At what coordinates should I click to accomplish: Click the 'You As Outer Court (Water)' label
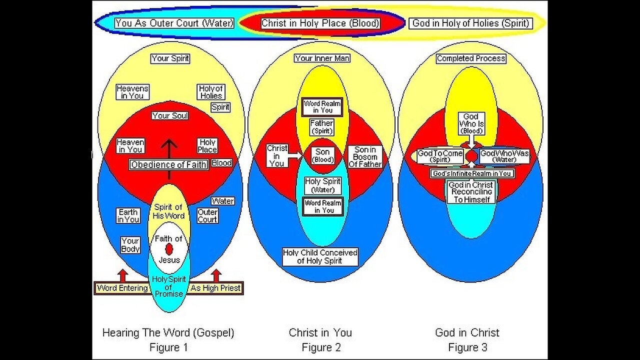pos(174,23)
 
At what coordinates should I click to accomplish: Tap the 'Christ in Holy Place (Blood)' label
pos(321,23)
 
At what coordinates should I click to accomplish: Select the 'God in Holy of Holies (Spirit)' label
pos(470,23)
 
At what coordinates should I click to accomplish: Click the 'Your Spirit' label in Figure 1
pos(170,58)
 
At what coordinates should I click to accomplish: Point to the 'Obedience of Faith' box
pos(168,164)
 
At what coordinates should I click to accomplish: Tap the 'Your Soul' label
pos(170,115)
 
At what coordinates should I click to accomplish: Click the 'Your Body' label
pos(130,245)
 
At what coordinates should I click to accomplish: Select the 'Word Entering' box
pos(122,288)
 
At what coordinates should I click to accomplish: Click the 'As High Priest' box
pos(215,288)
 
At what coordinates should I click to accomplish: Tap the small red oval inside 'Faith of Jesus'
pos(169,248)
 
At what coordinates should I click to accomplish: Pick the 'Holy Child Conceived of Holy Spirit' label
pos(320,256)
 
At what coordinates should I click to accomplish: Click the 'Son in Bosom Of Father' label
pos(368,156)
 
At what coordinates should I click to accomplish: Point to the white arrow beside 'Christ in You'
pos(296,155)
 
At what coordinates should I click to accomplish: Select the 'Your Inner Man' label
pos(322,58)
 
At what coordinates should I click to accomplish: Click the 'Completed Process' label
pos(471,58)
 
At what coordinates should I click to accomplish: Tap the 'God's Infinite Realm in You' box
pos(472,173)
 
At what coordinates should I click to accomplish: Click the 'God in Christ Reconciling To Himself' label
pos(470,192)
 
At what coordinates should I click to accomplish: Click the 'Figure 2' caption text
pos(320,347)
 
